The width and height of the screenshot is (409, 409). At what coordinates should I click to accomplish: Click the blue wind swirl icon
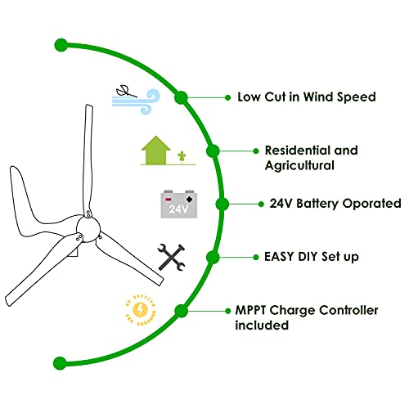[137, 101]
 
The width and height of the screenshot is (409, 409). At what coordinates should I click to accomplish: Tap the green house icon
[155, 151]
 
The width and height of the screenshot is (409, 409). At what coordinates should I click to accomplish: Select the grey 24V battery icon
[179, 204]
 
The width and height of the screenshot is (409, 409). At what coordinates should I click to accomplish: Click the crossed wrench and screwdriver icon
[172, 258]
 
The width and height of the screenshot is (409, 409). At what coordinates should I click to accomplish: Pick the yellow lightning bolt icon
[141, 310]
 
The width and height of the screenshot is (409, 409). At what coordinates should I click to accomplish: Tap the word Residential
[298, 151]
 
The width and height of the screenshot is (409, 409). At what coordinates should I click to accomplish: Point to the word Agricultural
[299, 166]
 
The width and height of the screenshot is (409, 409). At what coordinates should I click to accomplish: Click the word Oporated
[371, 204]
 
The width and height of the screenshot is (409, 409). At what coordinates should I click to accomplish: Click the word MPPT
[250, 310]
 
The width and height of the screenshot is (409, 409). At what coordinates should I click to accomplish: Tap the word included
[262, 325]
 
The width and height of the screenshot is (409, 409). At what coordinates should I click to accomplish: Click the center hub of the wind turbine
[88, 229]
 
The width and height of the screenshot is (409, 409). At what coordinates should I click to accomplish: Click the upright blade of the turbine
[88, 161]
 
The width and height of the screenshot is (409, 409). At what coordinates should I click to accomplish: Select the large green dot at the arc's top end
[61, 45]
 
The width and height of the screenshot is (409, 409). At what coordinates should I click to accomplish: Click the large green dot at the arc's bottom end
[60, 363]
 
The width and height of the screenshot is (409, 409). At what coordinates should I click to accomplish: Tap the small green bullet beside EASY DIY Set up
[256, 257]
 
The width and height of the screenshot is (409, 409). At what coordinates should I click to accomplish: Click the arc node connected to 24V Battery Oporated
[222, 204]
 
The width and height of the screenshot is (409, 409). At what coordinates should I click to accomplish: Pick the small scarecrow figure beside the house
[182, 157]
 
